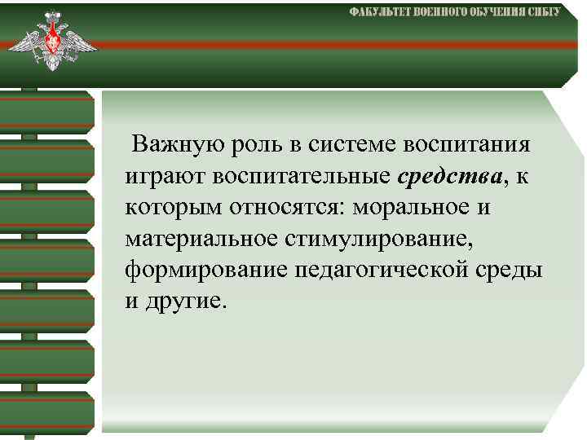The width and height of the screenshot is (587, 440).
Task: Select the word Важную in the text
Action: pyautogui.click(x=170, y=145)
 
